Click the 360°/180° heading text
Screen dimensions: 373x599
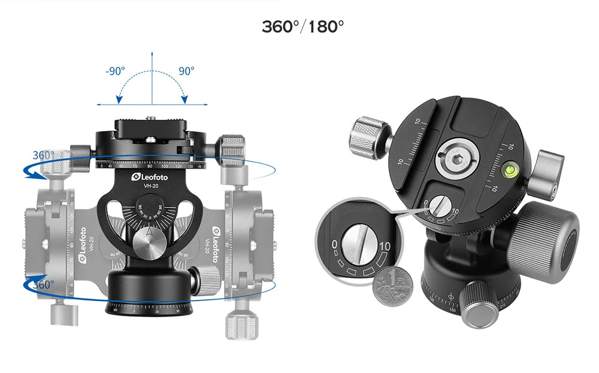point(302,27)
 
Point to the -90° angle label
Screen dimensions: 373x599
point(115,71)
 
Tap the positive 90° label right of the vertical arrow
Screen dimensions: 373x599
point(186,71)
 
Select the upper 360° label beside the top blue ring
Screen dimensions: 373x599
point(44,154)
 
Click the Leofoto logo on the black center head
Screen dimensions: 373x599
point(150,177)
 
